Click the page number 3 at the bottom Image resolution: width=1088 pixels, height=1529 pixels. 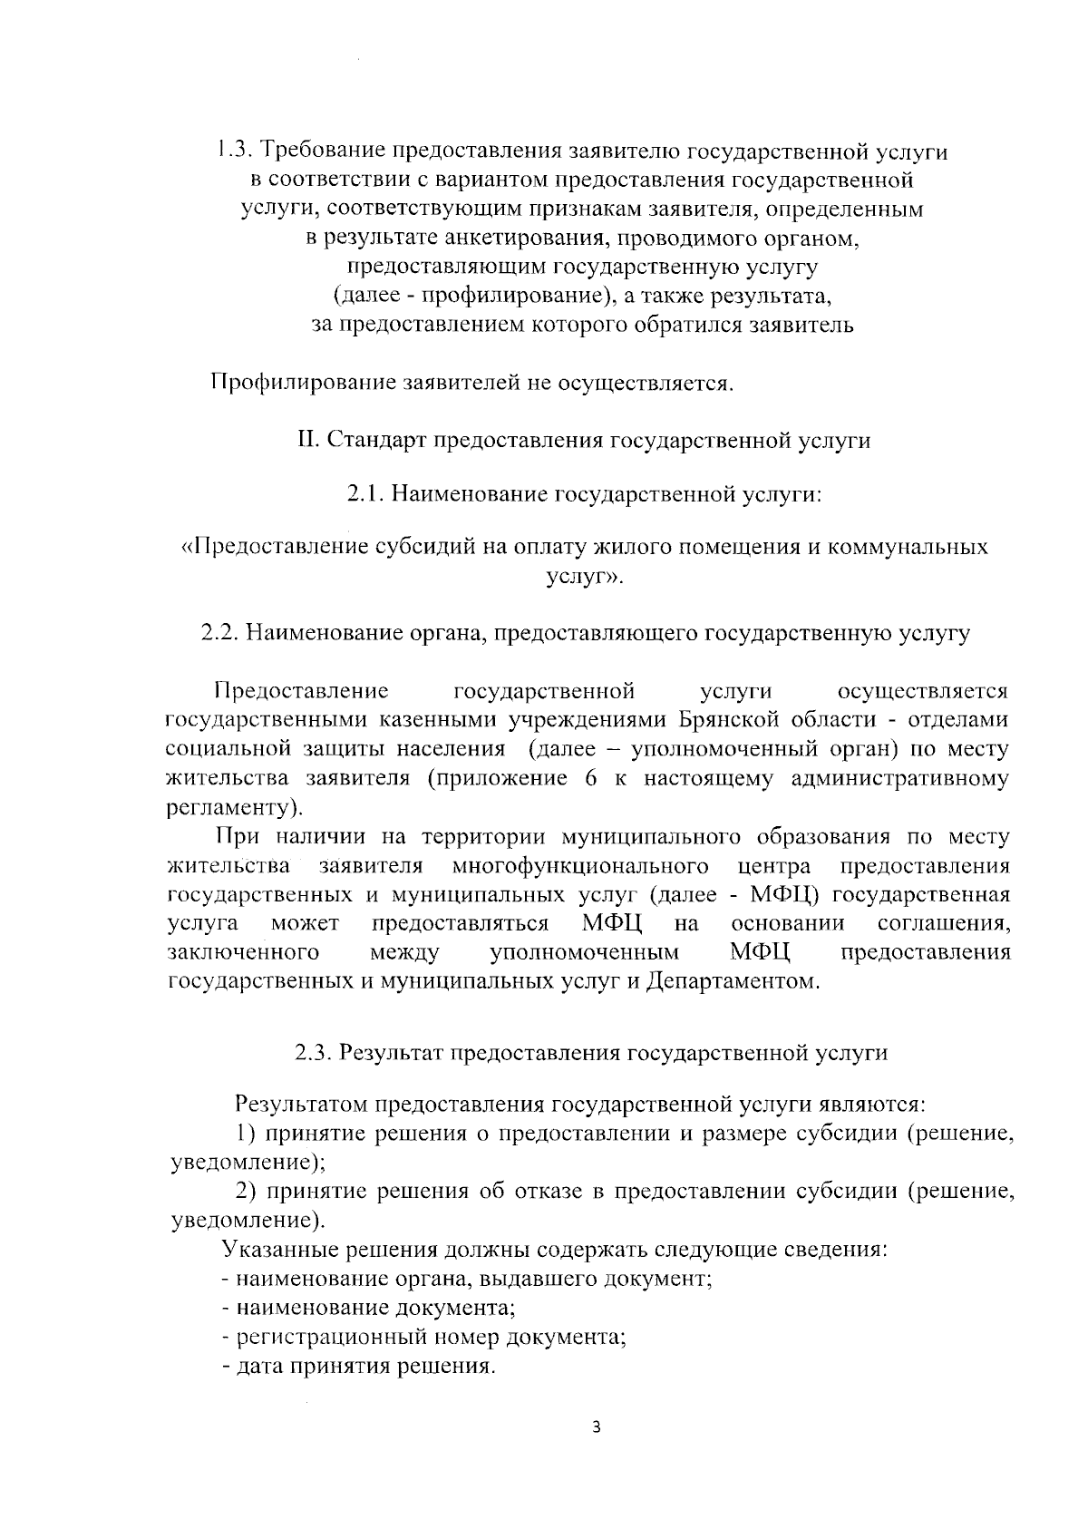click(596, 1427)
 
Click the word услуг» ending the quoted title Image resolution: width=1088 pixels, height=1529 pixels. click(585, 577)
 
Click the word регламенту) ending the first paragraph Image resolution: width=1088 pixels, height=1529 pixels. click(237, 807)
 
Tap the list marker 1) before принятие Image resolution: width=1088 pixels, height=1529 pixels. click(247, 1133)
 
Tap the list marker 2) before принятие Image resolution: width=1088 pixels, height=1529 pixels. click(247, 1192)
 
